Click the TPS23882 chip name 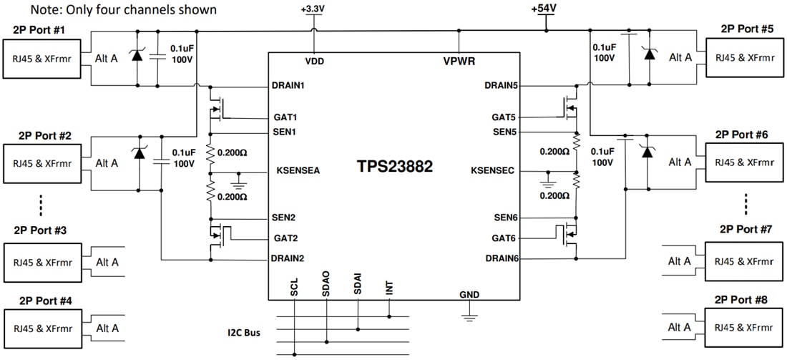coord(395,166)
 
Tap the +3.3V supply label coord(314,9)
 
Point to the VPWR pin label coord(459,62)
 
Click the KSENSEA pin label coord(298,171)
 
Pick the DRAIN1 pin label coord(288,85)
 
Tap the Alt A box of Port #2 coord(107,162)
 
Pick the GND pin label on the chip coord(470,294)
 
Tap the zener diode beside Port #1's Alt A coord(137,57)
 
